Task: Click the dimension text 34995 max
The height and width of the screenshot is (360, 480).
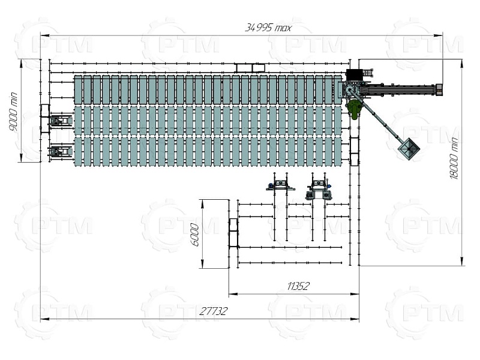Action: coord(268,28)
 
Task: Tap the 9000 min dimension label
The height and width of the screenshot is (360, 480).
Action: coord(14,112)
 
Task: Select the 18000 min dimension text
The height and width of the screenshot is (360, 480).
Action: coord(454,158)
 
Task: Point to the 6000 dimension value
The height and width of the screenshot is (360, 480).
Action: coord(194,235)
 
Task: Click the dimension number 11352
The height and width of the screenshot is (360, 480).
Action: coord(298,286)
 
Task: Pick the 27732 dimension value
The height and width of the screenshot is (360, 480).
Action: coord(214,311)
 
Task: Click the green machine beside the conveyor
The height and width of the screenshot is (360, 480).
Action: coord(353,109)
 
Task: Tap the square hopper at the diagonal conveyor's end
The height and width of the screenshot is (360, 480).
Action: coord(409,149)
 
